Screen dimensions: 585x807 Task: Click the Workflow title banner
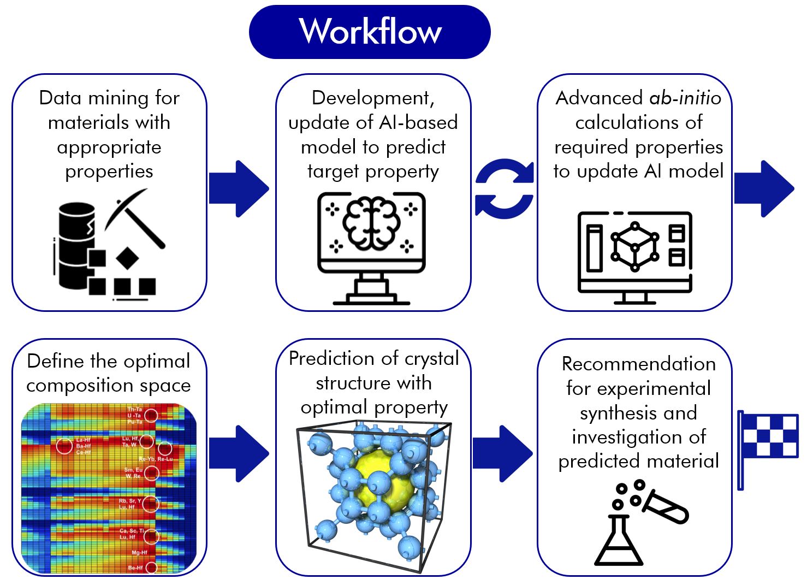click(x=370, y=32)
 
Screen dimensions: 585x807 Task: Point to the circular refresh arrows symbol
click(x=504, y=189)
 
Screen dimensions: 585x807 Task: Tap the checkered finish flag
click(x=769, y=437)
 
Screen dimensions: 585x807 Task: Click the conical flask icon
click(x=618, y=541)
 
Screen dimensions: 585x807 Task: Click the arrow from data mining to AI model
click(x=239, y=188)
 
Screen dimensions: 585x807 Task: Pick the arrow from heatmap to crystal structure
click(x=239, y=453)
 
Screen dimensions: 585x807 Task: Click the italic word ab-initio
click(x=685, y=98)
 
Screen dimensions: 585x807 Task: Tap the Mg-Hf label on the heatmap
click(x=139, y=552)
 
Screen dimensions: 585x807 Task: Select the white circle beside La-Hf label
click(x=64, y=446)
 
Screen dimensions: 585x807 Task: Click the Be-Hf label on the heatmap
click(x=135, y=568)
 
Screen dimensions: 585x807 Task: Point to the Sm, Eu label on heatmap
click(x=133, y=470)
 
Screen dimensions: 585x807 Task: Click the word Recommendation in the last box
click(x=638, y=364)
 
